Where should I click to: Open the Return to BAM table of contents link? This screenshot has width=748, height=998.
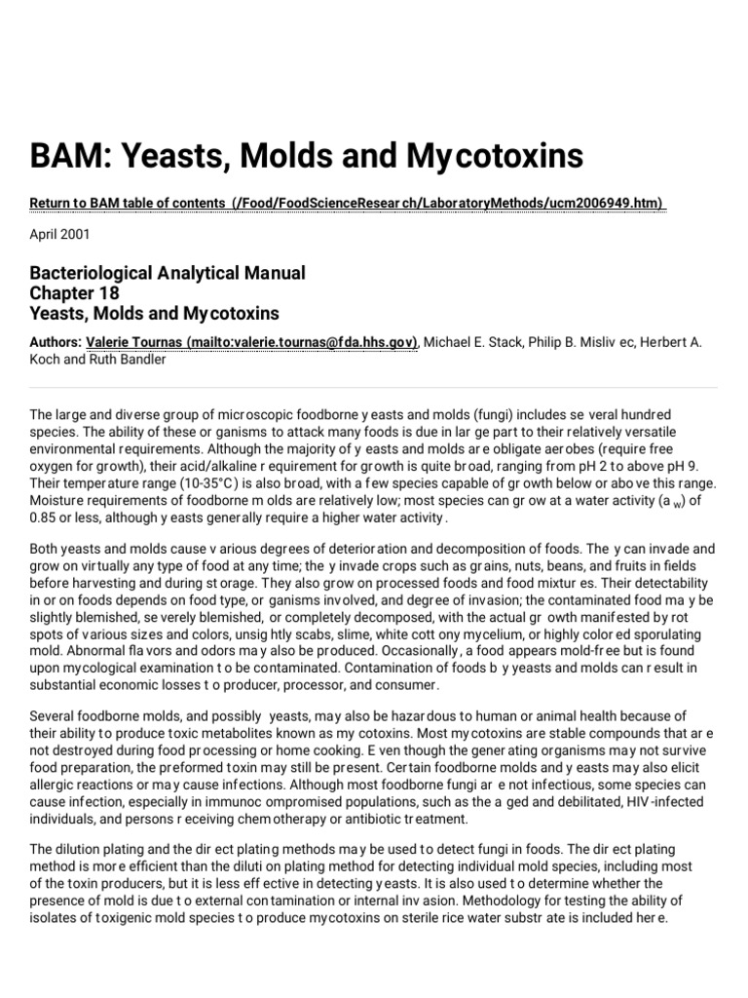click(x=347, y=203)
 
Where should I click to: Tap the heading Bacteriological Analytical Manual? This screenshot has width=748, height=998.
click(x=168, y=273)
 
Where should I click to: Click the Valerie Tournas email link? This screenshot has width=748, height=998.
click(x=252, y=342)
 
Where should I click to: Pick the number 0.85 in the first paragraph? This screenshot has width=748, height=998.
click(x=45, y=517)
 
